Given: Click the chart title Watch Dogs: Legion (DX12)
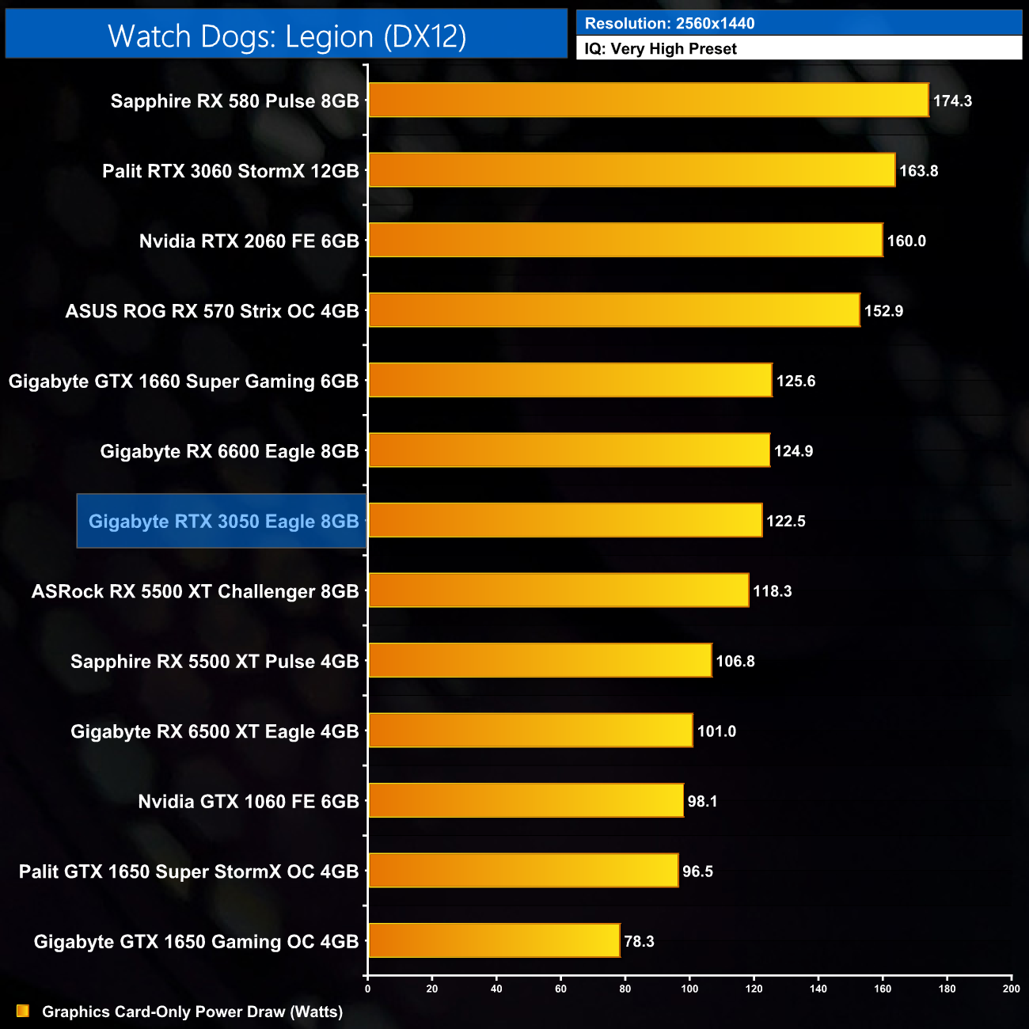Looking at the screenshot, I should coord(287,36).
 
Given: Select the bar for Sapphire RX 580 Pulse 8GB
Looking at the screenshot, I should coord(647,101).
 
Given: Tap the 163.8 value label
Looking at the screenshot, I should coord(918,171).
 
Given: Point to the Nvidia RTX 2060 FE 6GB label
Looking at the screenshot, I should coord(249,241).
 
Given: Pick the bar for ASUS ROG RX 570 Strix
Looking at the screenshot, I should coord(613,310).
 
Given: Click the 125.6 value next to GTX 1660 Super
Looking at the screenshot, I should coord(795,381).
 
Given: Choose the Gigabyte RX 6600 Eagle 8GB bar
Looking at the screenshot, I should coord(568,450).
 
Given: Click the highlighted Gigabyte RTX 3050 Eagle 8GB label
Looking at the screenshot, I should coord(223,521).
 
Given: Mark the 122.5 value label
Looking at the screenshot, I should coord(785,521).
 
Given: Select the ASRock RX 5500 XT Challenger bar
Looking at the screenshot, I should coord(558,590).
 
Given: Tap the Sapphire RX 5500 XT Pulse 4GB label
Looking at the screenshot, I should coord(215,661).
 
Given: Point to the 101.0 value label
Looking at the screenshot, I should coord(716,731).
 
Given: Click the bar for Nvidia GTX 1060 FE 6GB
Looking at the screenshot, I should coord(526,801).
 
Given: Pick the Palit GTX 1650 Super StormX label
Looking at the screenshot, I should coord(188,871).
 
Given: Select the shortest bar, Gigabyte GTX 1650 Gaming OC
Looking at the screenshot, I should coord(494,941).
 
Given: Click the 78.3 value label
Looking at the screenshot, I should coord(639,941).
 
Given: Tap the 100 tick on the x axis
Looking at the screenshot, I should coord(689,989).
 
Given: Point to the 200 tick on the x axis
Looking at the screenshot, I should coord(1011,989).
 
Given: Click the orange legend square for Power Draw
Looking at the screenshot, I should coord(23,1011).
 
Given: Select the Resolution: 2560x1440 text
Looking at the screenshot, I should coord(670,23).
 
